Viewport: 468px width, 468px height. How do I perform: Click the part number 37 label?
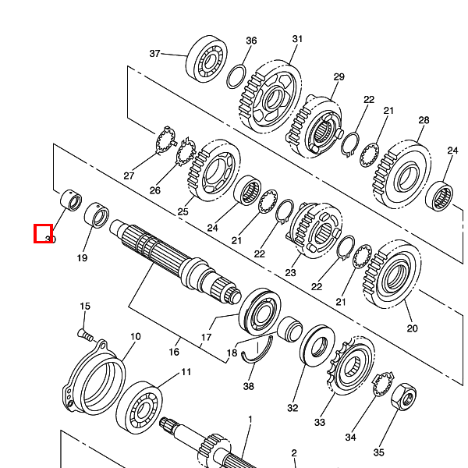(x=154, y=54)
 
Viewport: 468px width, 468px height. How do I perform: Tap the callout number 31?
(x=297, y=39)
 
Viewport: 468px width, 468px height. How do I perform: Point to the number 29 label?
(x=339, y=77)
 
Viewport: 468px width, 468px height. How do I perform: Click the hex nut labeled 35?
(x=403, y=397)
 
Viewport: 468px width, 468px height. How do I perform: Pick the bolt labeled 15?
(x=85, y=335)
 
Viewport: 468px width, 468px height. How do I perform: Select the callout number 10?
(x=135, y=337)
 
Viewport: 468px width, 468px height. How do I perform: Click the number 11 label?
(x=186, y=372)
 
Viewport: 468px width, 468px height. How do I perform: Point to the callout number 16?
(x=174, y=352)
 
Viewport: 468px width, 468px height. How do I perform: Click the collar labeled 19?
(x=97, y=215)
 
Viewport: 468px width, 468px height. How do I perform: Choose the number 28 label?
(x=424, y=120)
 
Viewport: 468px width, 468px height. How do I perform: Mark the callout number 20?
(x=412, y=328)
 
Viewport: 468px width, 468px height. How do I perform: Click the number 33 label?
(x=320, y=423)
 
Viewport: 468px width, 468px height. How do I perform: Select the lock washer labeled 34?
(x=383, y=385)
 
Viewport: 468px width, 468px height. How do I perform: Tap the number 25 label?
(x=183, y=212)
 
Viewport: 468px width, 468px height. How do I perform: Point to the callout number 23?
(x=290, y=273)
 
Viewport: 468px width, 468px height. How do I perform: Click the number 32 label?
(x=292, y=408)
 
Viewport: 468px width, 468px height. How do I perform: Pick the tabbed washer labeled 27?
(x=165, y=140)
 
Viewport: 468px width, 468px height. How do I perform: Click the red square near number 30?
(x=43, y=234)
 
